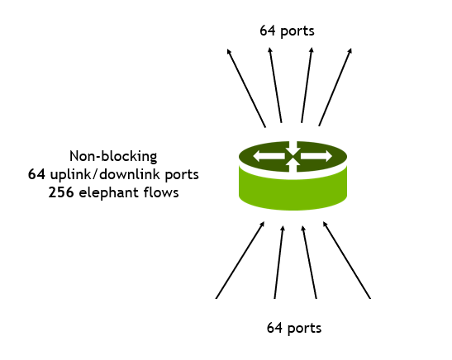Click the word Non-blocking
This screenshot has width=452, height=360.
click(x=113, y=156)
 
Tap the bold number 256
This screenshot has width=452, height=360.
click(x=61, y=192)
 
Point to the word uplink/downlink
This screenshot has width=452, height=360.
click(x=105, y=174)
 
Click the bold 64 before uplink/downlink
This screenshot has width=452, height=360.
click(x=36, y=174)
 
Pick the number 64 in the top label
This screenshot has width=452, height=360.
click(x=268, y=31)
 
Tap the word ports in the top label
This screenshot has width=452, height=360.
click(x=297, y=31)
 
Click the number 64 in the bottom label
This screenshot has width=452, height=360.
click(x=274, y=328)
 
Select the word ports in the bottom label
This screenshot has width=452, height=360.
click(x=304, y=329)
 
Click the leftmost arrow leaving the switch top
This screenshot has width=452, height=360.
click(x=246, y=88)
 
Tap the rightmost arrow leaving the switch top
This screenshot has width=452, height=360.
click(x=335, y=87)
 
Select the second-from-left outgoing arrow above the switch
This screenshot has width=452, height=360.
click(x=275, y=85)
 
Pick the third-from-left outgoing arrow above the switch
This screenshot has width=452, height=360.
click(x=307, y=85)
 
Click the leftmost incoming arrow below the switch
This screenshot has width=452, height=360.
click(x=240, y=260)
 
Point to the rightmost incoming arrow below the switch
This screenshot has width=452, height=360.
click(x=346, y=260)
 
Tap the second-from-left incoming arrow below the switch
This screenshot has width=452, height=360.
click(x=278, y=262)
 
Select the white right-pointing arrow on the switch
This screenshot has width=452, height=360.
click(x=316, y=156)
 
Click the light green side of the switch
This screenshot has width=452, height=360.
click(x=293, y=193)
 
